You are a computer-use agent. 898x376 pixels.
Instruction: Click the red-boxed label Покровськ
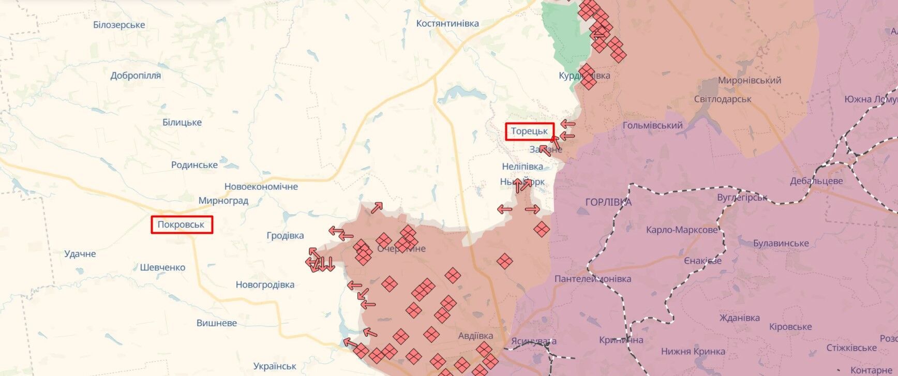click(x=181, y=224)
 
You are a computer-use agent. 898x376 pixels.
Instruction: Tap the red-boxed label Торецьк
click(x=529, y=131)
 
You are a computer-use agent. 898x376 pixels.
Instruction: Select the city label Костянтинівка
click(x=447, y=23)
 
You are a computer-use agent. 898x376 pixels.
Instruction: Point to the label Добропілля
click(x=136, y=76)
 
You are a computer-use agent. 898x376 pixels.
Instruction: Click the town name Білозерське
click(x=119, y=25)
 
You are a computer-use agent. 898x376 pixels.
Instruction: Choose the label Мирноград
click(x=223, y=200)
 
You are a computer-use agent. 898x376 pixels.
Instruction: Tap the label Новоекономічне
click(x=261, y=186)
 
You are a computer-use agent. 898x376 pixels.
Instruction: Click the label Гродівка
click(x=285, y=235)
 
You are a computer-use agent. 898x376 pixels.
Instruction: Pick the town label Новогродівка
click(x=265, y=284)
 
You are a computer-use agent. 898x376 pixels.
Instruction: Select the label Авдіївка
click(x=475, y=335)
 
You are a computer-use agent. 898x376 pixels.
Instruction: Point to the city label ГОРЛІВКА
click(x=608, y=202)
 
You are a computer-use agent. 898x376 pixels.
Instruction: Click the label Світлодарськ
click(x=723, y=99)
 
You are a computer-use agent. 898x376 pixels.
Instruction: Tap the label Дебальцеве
click(x=816, y=181)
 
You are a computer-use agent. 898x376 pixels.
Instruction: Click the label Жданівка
click(x=739, y=318)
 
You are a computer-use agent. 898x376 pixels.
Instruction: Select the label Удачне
click(x=80, y=253)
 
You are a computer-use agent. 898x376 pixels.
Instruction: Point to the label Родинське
click(x=194, y=165)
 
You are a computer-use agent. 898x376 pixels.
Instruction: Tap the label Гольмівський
click(x=652, y=125)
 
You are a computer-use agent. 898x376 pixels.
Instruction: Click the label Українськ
click(x=275, y=366)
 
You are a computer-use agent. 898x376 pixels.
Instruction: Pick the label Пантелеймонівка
click(x=593, y=279)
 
